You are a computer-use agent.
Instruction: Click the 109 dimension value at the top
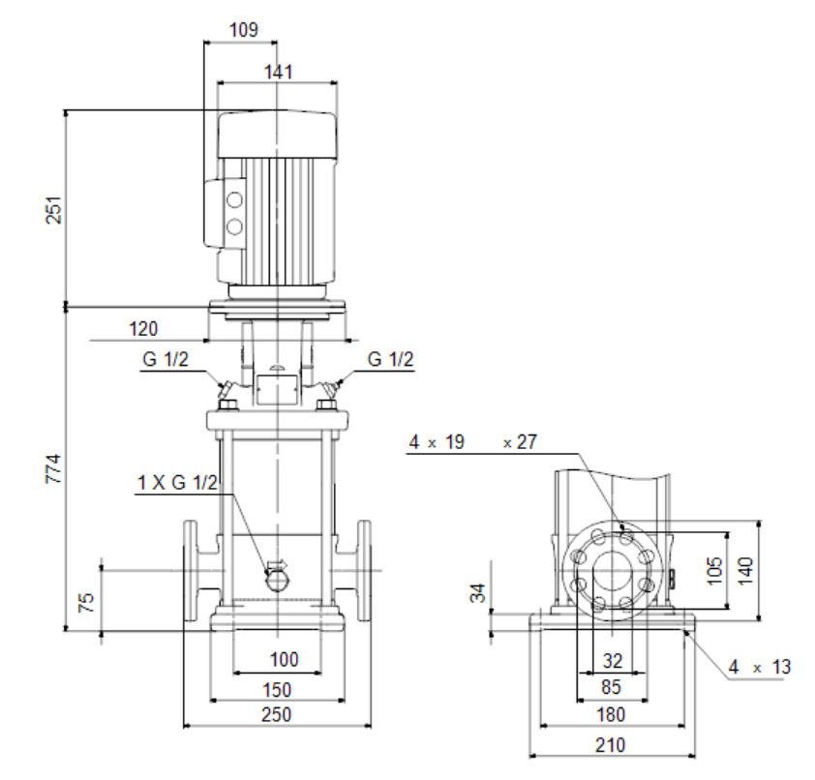tap(244, 30)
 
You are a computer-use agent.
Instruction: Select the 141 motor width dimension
tap(279, 72)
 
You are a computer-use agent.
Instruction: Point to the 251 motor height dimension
tap(54, 210)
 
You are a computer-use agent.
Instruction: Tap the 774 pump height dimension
tap(53, 468)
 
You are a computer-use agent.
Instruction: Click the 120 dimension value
tap(143, 329)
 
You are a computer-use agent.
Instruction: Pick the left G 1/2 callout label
tap(166, 359)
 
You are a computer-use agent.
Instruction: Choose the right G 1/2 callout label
tap(390, 359)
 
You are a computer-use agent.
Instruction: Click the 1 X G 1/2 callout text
tap(177, 483)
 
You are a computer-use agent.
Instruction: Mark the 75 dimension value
tap(86, 602)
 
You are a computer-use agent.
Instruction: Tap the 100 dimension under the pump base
tap(284, 659)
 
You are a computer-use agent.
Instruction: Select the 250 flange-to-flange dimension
tap(276, 714)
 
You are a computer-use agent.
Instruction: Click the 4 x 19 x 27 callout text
tap(473, 441)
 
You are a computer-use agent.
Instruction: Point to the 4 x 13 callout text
tap(760, 667)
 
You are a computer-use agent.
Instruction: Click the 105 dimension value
tap(715, 570)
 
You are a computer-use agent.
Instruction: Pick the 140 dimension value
tap(745, 571)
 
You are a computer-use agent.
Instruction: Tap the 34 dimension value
tap(478, 593)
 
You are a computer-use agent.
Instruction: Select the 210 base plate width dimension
tap(610, 745)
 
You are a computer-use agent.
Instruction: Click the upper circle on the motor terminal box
tap(234, 200)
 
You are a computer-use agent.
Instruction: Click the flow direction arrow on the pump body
tap(277, 565)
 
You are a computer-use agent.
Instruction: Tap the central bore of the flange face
tap(613, 570)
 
